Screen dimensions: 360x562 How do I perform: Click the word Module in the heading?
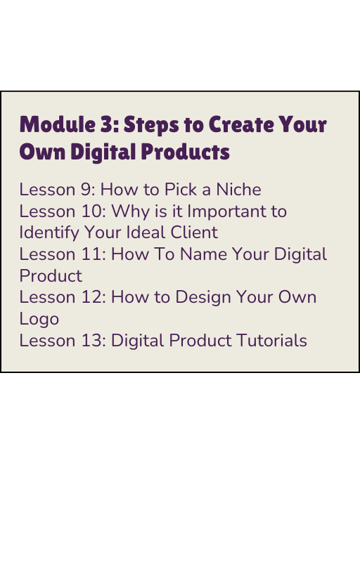(x=58, y=124)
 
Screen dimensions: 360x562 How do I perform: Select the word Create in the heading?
(x=241, y=124)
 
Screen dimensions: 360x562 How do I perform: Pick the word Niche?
(x=238, y=189)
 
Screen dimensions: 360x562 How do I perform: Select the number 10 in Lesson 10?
(x=94, y=211)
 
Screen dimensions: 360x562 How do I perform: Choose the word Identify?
(x=49, y=233)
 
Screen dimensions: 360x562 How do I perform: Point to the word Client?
(x=194, y=233)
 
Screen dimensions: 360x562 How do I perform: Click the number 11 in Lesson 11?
(x=94, y=254)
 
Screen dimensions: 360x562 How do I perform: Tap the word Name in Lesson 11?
(x=203, y=254)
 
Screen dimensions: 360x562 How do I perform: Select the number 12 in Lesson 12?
(x=94, y=297)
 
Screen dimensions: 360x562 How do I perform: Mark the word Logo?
(x=39, y=320)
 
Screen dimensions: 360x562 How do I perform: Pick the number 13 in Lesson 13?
(x=94, y=340)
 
